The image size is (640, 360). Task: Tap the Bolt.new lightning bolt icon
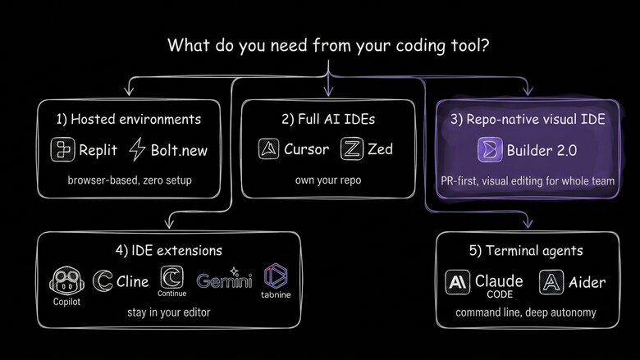[137, 149]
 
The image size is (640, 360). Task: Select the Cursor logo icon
[269, 150]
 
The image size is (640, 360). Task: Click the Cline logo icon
[105, 281]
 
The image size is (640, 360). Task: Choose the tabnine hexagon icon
[275, 276]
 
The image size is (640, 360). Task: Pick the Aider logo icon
[551, 282]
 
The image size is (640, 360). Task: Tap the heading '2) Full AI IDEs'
[327, 120]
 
